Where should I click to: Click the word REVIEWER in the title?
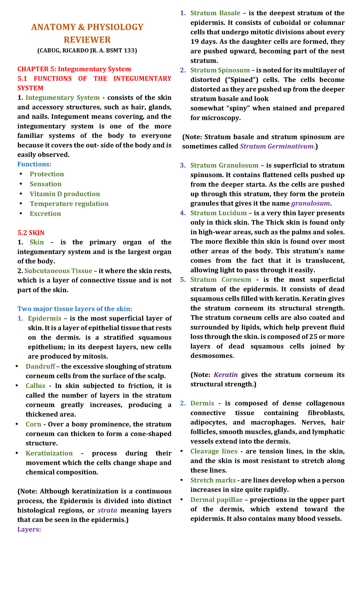87,40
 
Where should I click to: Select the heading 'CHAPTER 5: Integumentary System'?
74,69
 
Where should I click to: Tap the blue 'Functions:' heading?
34,164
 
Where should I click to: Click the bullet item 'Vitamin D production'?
65,194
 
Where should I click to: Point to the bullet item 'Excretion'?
45,214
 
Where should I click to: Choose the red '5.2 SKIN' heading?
31,233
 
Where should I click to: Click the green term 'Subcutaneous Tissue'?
58,271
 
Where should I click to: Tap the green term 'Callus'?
35,386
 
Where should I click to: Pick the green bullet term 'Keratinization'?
49,453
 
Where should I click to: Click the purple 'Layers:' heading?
29,529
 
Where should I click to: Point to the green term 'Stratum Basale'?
215,13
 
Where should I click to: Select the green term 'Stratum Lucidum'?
218,213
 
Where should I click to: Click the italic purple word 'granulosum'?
310,203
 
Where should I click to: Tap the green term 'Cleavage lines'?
214,451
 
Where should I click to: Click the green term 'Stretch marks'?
213,480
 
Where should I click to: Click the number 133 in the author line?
128,50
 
